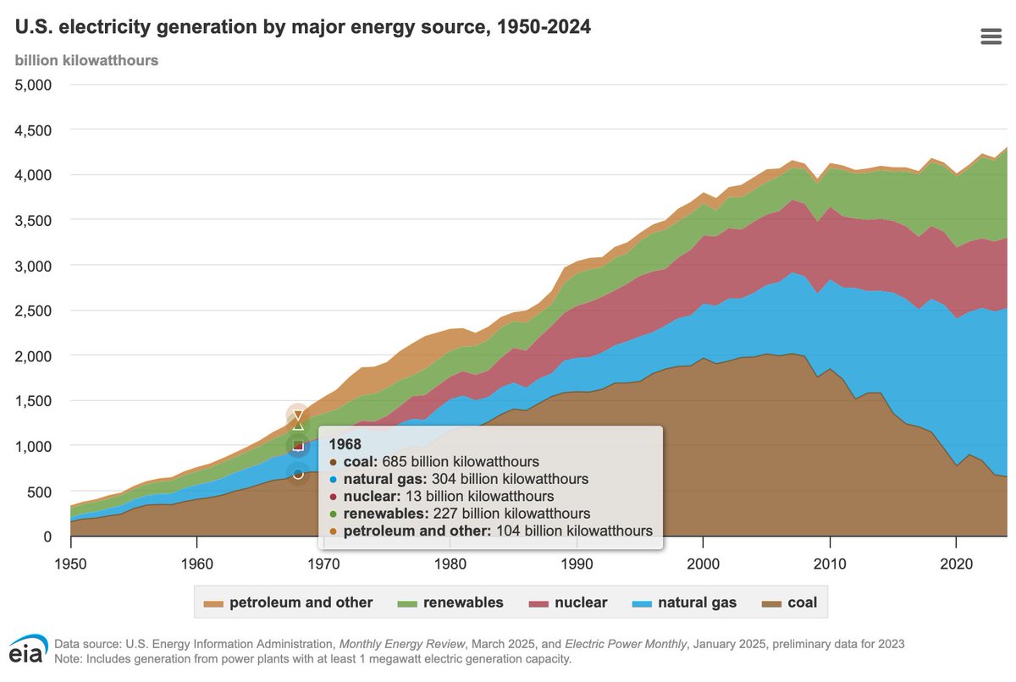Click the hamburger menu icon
[x=991, y=36]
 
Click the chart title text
[x=303, y=27]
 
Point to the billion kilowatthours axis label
[x=86, y=60]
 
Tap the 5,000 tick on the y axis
[x=34, y=85]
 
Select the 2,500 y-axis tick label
[x=34, y=311]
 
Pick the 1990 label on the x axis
[x=577, y=564]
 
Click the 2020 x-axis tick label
[x=956, y=564]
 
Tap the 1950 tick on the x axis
[x=71, y=564]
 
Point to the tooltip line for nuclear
[x=442, y=496]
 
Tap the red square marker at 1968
[x=298, y=445]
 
